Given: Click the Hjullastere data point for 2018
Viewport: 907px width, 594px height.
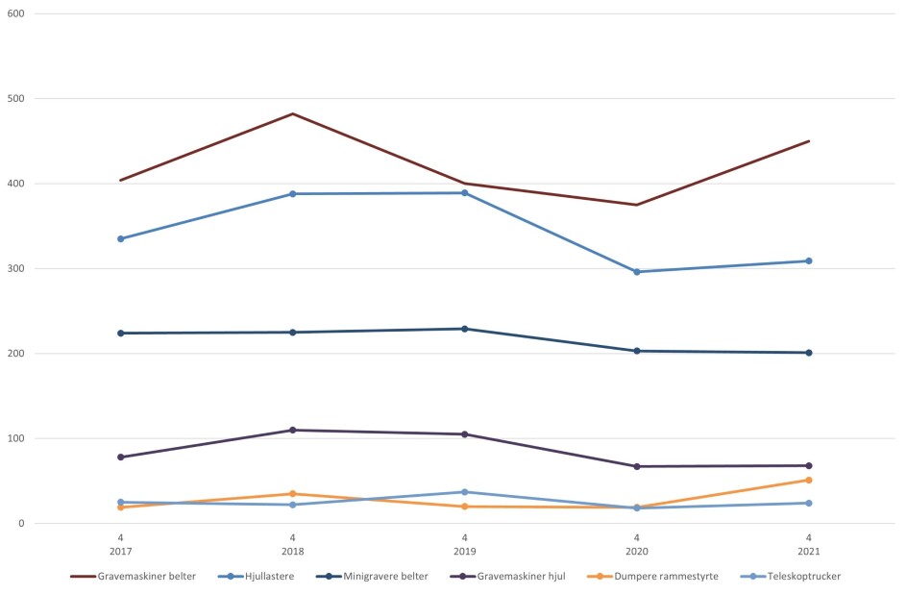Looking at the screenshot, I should coord(293,194).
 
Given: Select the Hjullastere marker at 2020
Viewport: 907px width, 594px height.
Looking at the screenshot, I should coord(637,272).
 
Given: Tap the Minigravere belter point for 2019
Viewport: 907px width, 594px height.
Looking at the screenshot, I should coord(465,329).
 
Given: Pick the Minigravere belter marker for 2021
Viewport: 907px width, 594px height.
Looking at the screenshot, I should coord(809,353).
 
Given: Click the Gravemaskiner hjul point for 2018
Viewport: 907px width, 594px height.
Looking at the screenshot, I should coord(293,430).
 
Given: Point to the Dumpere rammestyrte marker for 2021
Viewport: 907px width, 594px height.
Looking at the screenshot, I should coord(809,480).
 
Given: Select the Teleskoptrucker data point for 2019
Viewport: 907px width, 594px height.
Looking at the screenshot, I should coord(465,492).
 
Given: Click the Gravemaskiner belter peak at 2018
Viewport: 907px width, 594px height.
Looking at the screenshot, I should coord(293,113).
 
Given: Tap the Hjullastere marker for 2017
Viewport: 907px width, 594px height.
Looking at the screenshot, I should coord(121,238).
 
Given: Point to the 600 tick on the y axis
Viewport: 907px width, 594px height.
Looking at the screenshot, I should coord(15,13).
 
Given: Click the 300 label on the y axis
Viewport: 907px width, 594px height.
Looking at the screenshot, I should coord(15,268).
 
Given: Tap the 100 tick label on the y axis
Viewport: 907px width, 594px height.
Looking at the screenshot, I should coord(15,438).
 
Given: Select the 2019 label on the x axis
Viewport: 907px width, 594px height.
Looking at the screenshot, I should coord(465,551).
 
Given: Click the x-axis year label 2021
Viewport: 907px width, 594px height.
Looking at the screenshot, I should coord(809,551).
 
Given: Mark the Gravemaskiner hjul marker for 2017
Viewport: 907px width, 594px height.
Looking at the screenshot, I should coord(121,457).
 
